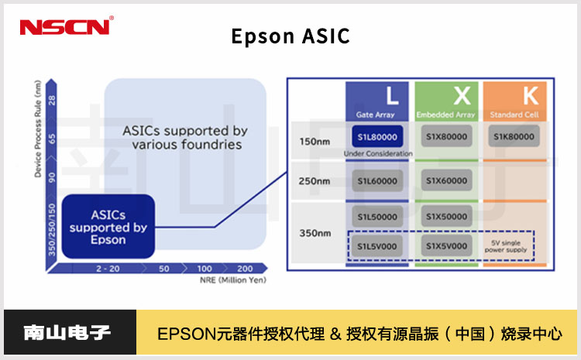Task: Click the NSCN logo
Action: tap(66, 27)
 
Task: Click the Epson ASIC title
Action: tap(290, 36)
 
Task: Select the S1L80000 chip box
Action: tap(378, 136)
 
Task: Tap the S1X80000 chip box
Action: tap(447, 136)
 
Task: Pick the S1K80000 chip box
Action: tap(514, 136)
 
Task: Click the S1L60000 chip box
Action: tap(378, 180)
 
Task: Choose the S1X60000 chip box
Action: tap(447, 180)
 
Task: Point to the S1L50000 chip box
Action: tap(378, 217)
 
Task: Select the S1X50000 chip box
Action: tap(447, 217)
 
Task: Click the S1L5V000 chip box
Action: tap(378, 246)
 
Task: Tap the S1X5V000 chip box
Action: tap(447, 246)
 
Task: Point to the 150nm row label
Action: tap(315, 141)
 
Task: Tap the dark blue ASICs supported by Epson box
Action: tap(108, 226)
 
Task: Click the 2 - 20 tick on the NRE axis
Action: tap(108, 268)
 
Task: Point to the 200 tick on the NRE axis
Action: tap(245, 268)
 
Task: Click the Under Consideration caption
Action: tap(378, 154)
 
